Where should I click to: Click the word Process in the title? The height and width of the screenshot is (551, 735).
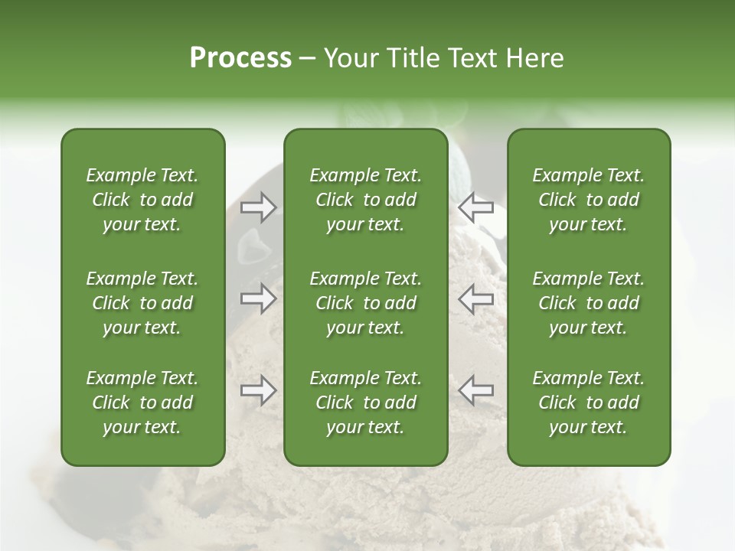tap(240, 58)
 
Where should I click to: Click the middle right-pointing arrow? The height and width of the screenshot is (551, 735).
tap(258, 298)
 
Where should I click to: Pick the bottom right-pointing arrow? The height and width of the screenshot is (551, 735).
tap(258, 390)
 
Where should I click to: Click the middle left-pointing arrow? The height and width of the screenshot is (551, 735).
tap(475, 298)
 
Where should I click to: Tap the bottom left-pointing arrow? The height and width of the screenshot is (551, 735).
tap(475, 390)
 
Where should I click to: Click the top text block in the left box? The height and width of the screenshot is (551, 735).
tap(142, 200)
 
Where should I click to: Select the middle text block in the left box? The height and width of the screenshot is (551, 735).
tap(142, 303)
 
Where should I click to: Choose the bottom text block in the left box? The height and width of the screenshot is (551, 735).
tap(142, 403)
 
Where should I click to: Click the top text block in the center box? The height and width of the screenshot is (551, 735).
tap(365, 200)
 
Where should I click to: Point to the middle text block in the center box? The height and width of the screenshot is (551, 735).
tap(365, 303)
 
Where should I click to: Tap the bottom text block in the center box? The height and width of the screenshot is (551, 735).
tap(365, 403)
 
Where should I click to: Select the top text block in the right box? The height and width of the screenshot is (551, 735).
tap(588, 200)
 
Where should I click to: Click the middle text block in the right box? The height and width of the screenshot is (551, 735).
tap(588, 303)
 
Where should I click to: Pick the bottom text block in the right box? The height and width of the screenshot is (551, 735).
tap(588, 403)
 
